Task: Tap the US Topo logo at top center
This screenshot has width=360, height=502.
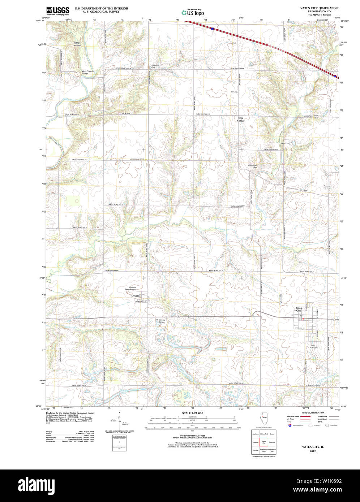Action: click(x=193, y=12)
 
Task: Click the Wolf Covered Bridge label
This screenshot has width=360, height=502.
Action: click(x=87, y=72)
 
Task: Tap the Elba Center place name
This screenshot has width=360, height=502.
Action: click(x=241, y=119)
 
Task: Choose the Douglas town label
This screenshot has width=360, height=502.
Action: click(x=136, y=295)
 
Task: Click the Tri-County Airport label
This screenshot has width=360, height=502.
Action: click(x=160, y=321)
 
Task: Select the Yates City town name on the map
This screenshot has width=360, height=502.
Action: click(x=299, y=309)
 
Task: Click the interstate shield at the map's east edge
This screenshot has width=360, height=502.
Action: click(x=335, y=76)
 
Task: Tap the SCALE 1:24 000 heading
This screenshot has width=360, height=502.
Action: click(x=192, y=413)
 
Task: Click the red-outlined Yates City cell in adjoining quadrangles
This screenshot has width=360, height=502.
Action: click(x=263, y=442)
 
